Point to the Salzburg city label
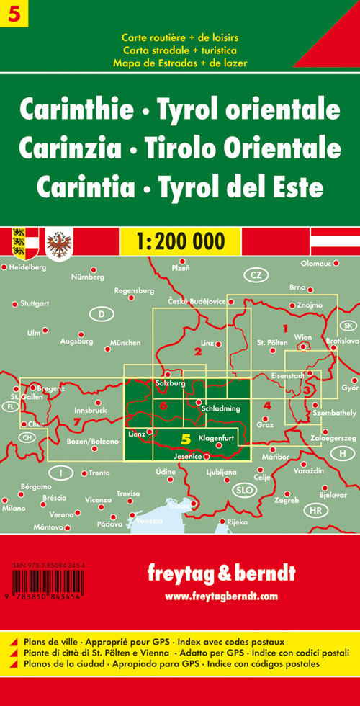[x=171, y=383]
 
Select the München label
[x=126, y=343]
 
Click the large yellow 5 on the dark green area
[x=186, y=438]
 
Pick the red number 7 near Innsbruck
[x=78, y=420]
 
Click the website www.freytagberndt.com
[x=221, y=596]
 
